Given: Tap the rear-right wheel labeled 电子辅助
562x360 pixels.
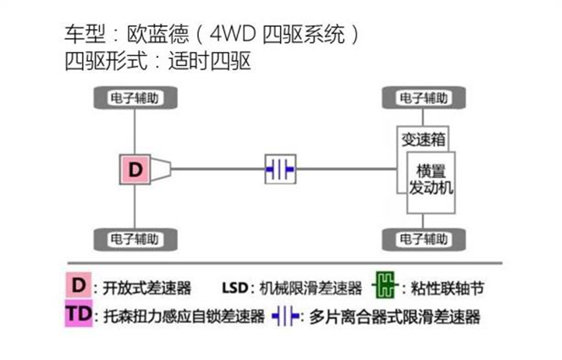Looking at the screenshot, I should (x=134, y=239).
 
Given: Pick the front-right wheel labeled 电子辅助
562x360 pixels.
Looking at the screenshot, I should (x=424, y=239).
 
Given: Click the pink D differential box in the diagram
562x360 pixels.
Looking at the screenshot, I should (x=135, y=169).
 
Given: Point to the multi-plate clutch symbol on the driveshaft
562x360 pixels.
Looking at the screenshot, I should (x=280, y=168).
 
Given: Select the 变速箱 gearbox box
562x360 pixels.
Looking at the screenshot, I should (x=423, y=138).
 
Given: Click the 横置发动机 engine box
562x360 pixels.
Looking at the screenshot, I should (x=431, y=180).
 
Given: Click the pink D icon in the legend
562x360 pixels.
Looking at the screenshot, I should (x=80, y=285).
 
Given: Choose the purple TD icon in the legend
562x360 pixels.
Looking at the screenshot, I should (x=80, y=314).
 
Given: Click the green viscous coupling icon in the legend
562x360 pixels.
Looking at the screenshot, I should (x=386, y=287).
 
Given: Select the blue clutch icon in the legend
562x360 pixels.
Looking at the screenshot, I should (x=285, y=317).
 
